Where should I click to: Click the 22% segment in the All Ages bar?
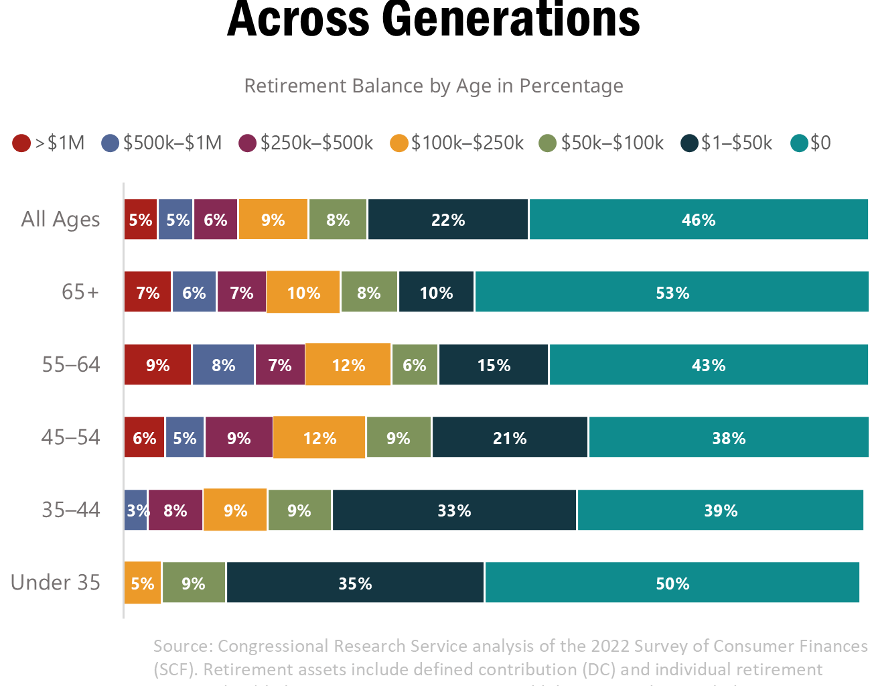[x=447, y=220]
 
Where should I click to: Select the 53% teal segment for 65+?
[x=672, y=292]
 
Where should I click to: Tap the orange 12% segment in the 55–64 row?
[x=348, y=365]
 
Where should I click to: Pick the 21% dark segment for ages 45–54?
[x=510, y=438]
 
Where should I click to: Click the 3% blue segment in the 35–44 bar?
[x=135, y=510]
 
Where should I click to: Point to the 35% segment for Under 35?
[x=355, y=583]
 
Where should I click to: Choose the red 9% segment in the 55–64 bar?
[x=158, y=365]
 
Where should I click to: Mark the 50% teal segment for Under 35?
[x=672, y=583]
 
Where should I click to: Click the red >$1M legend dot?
[x=21, y=143]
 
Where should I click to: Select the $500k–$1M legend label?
[x=172, y=143]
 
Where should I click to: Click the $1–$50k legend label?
[x=736, y=143]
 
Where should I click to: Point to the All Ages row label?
[x=60, y=220]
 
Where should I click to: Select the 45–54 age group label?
[x=70, y=437]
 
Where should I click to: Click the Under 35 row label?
[x=56, y=582]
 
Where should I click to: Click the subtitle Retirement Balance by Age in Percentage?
[x=433, y=86]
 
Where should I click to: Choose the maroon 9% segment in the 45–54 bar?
[x=238, y=438]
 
